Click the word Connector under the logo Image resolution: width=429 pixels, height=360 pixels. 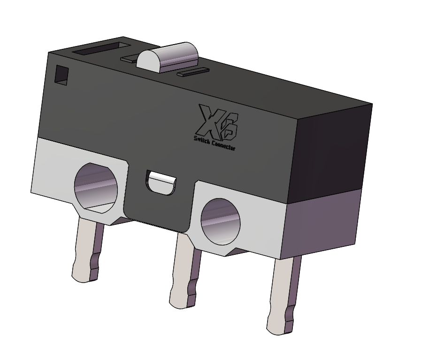223,145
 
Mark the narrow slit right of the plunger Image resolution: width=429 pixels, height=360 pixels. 192,72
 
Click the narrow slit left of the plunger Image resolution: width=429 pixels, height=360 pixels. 129,60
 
